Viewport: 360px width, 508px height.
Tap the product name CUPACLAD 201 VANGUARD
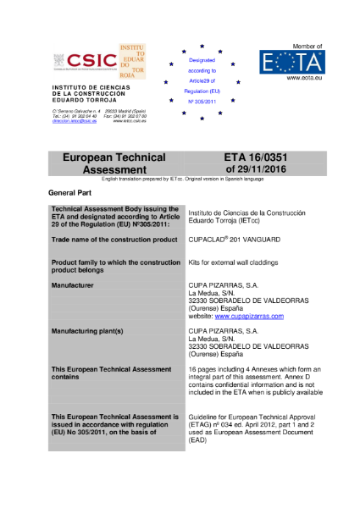point(234,240)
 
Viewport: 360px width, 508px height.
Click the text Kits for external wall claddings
point(232,263)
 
